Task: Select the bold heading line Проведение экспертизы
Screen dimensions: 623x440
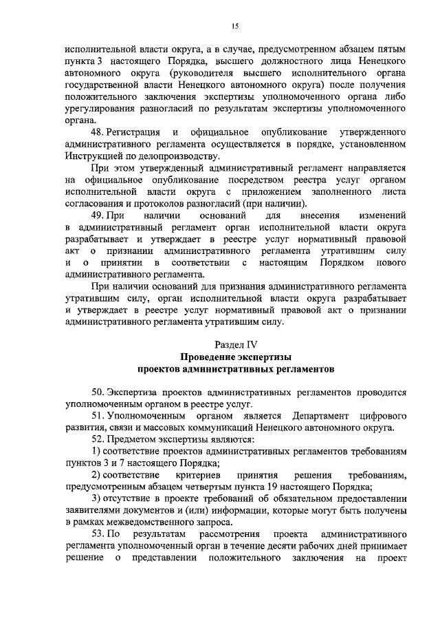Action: (235, 357)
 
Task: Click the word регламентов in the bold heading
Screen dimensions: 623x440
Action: (300, 368)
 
